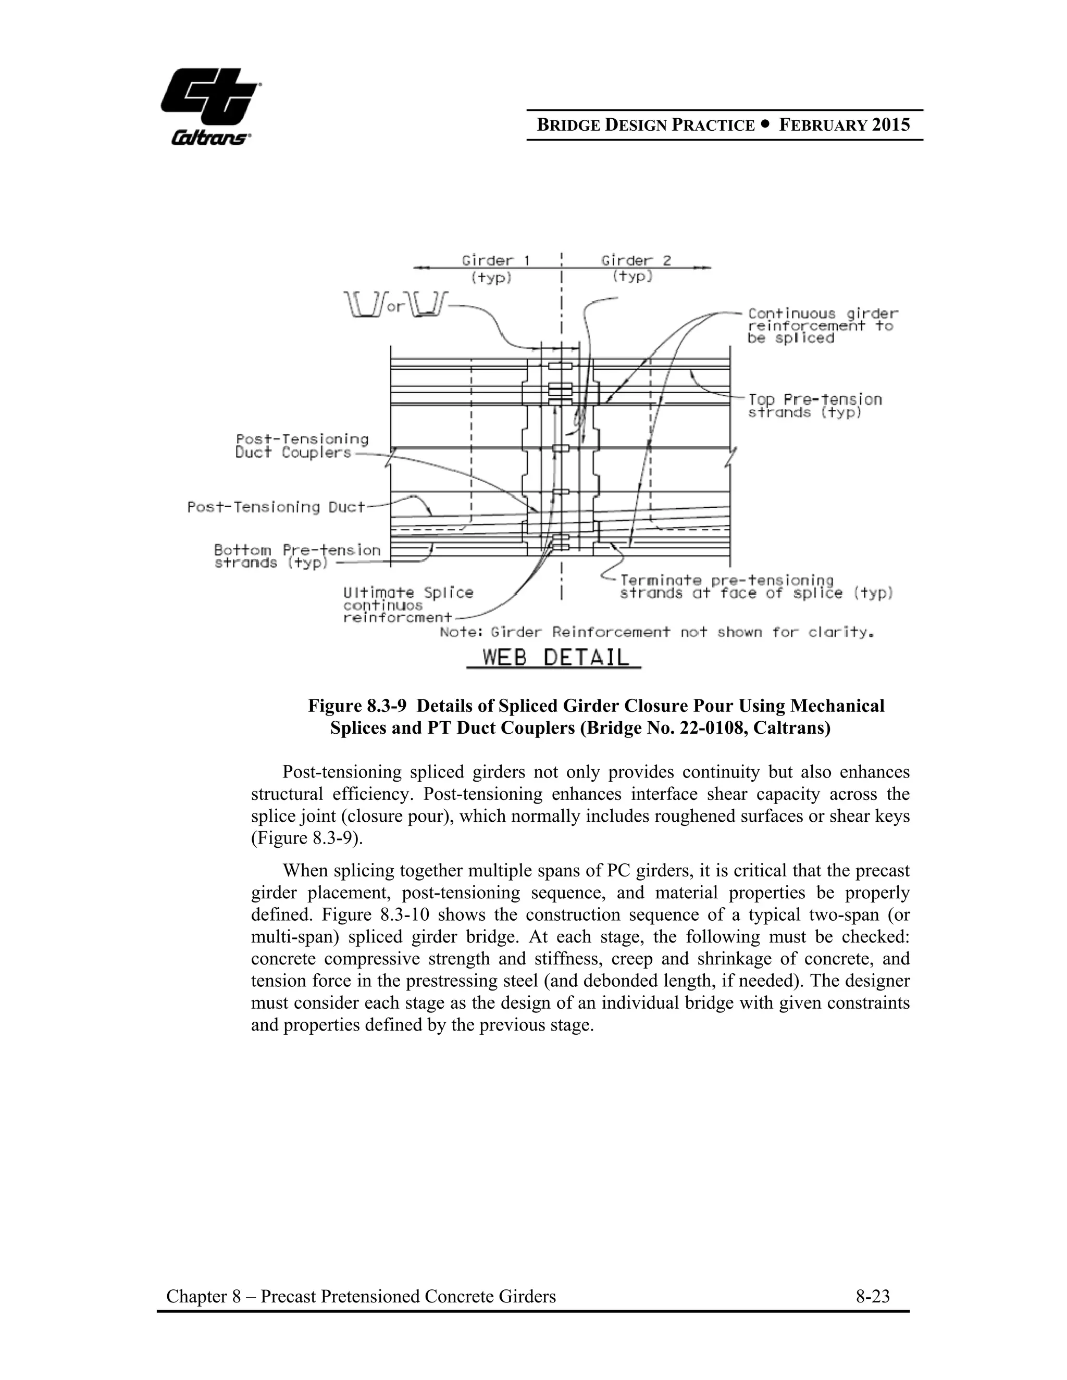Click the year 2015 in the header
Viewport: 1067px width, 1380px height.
pos(890,124)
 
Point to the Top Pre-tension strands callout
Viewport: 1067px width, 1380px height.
pos(814,406)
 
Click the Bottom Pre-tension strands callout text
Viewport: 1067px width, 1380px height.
pos(297,556)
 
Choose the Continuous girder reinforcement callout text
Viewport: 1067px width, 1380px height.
pos(822,325)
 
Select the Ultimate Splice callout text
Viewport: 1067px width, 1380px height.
pos(408,605)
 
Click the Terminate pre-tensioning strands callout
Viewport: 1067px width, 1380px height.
pos(755,587)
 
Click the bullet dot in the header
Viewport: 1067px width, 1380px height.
pos(767,124)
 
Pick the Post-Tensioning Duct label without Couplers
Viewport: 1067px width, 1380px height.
pos(276,507)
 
